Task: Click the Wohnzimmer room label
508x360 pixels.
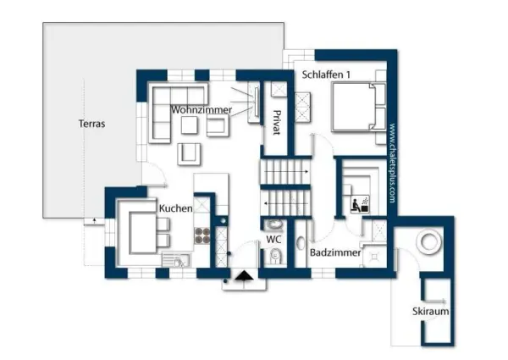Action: coord(201,110)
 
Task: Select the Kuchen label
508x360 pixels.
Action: coord(175,208)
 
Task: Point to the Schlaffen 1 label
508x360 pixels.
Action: coord(326,75)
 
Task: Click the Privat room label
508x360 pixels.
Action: coord(275,125)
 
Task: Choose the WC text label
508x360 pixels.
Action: coord(273,240)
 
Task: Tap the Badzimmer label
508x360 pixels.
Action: coord(335,253)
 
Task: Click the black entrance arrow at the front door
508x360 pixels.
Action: coord(245,275)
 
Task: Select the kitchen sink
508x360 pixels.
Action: coord(179,262)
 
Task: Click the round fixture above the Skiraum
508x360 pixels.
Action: coord(430,243)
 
